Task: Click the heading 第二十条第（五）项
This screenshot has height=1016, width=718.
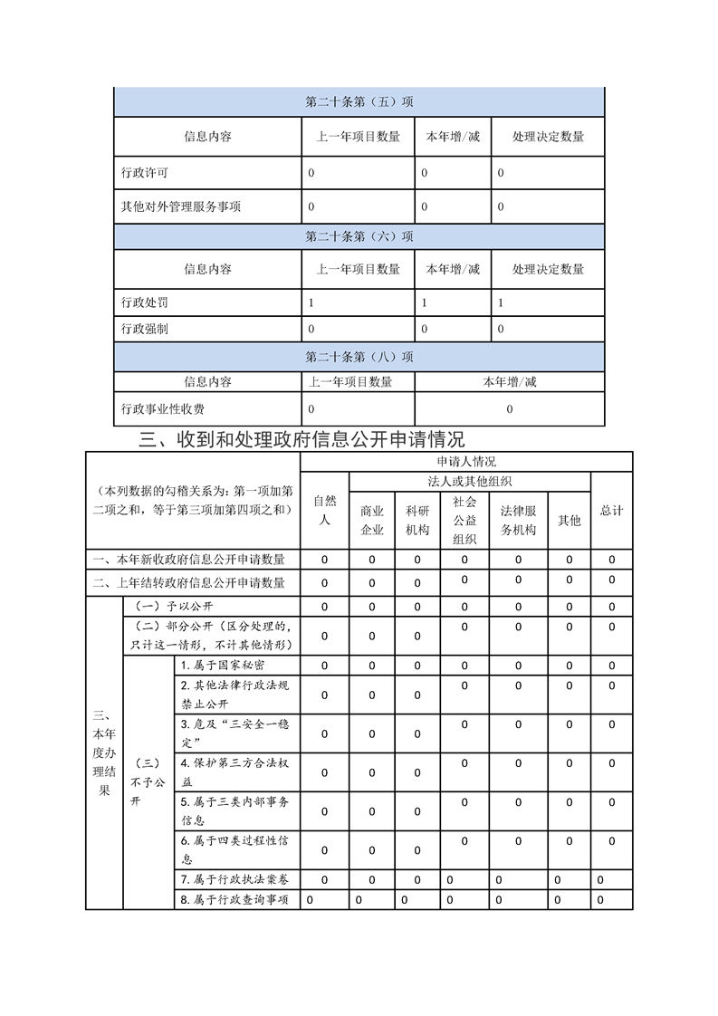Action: pyautogui.click(x=359, y=102)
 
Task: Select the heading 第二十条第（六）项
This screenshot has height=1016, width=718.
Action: pyautogui.click(x=359, y=236)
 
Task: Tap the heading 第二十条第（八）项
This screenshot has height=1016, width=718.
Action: pyautogui.click(x=359, y=357)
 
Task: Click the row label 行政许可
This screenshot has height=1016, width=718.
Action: pyautogui.click(x=144, y=172)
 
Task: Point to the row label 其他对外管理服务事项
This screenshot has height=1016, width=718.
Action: pyautogui.click(x=181, y=206)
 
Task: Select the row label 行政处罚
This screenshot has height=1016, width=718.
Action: pyautogui.click(x=144, y=302)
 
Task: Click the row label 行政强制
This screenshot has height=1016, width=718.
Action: pyautogui.click(x=144, y=329)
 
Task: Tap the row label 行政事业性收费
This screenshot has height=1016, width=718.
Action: pyautogui.click(x=163, y=409)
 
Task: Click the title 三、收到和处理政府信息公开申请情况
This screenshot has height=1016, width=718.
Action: pyautogui.click(x=302, y=440)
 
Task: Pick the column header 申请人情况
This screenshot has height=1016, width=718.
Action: pyautogui.click(x=466, y=462)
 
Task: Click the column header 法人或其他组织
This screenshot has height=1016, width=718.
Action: pyautogui.click(x=470, y=482)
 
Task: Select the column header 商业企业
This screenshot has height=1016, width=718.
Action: pyautogui.click(x=372, y=521)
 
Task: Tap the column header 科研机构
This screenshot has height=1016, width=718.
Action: pyautogui.click(x=417, y=521)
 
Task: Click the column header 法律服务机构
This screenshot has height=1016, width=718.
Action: pyautogui.click(x=518, y=521)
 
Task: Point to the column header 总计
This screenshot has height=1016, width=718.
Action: pyautogui.click(x=612, y=511)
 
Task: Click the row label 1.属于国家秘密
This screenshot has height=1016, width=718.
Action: pyautogui.click(x=223, y=666)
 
